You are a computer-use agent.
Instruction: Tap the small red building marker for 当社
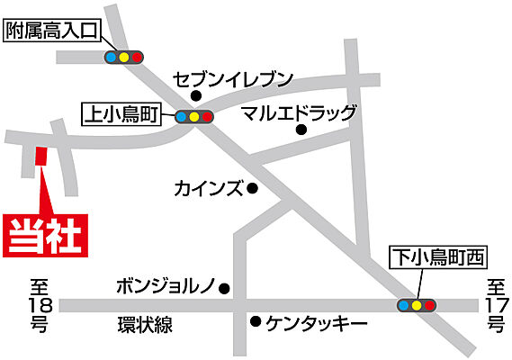pos(40,157)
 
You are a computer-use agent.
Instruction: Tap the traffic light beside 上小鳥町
pos(194,116)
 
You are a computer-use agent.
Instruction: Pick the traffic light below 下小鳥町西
pos(416,305)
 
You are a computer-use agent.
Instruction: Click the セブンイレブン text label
pos(234,80)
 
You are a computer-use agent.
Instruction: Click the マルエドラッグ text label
pos(300,113)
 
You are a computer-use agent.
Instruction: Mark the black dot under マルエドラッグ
pos(301,130)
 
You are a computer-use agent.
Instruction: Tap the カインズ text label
pos(208,188)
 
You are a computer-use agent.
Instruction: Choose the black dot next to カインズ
pos(253,189)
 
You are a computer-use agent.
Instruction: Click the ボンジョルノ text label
pos(166,288)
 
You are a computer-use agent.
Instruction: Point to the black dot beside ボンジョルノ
pos(224,289)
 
